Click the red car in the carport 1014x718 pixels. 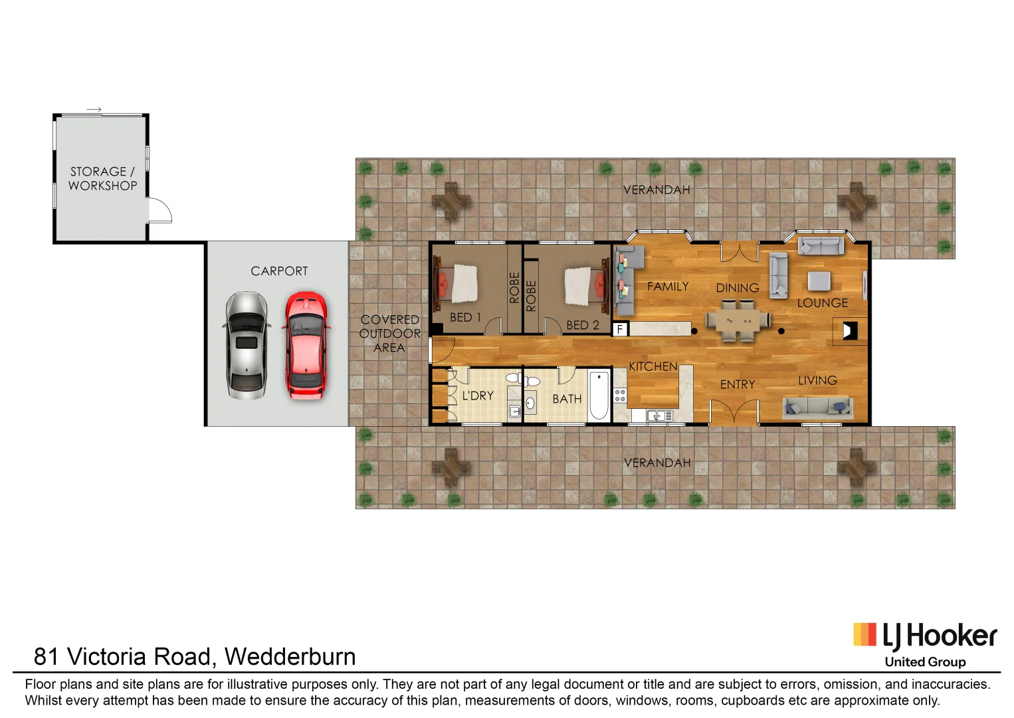click(306, 345)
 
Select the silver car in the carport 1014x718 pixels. click(247, 345)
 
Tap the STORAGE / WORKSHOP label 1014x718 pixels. click(102, 179)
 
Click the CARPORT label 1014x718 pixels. click(279, 271)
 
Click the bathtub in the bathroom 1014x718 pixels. click(598, 395)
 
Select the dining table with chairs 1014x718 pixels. click(738, 321)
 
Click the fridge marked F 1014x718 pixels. click(620, 329)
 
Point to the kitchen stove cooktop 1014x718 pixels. click(620, 396)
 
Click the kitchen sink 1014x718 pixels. click(658, 416)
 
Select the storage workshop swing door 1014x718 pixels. click(159, 211)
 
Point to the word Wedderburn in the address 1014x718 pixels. click(290, 657)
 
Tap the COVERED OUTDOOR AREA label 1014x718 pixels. click(389, 334)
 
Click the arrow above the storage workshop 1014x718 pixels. click(94, 110)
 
